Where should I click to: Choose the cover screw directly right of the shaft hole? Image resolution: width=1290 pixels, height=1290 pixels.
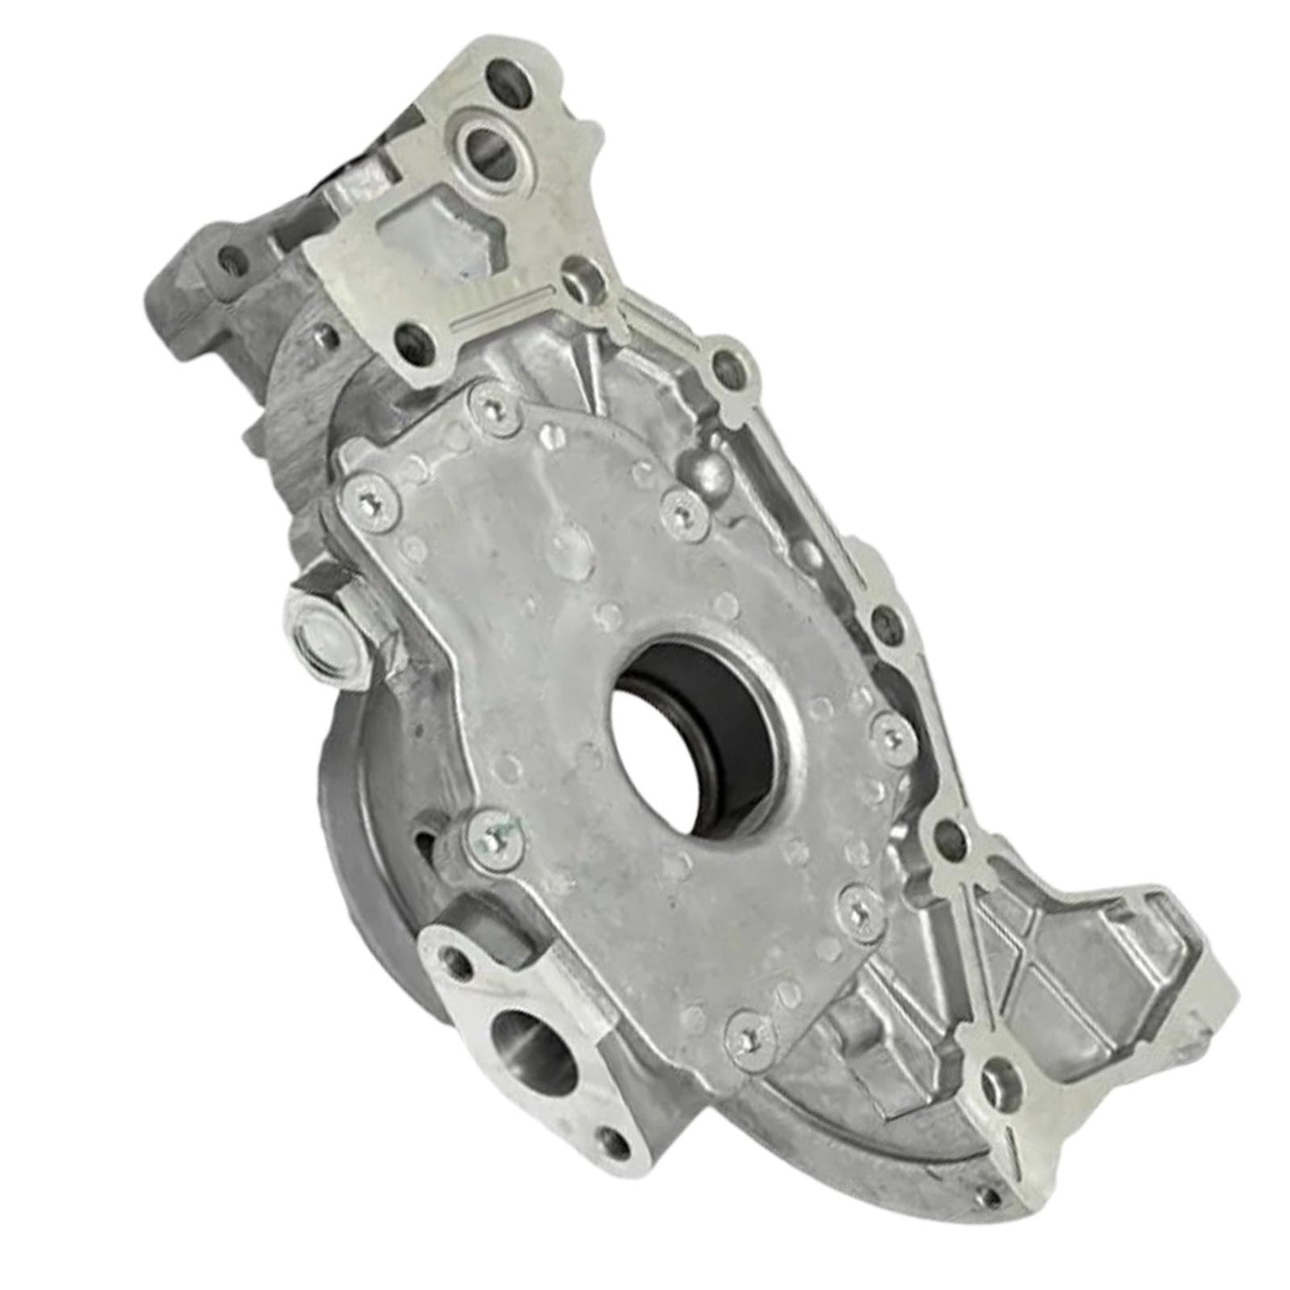pyautogui.click(x=886, y=734)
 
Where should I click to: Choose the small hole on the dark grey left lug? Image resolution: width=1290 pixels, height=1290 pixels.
pyautogui.click(x=234, y=258)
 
